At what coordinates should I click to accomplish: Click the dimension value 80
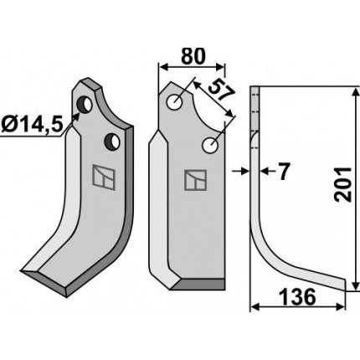click(x=193, y=56)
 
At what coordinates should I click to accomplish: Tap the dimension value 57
click(x=221, y=90)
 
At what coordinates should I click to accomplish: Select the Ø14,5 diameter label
click(x=31, y=125)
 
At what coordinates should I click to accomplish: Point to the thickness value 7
click(x=284, y=172)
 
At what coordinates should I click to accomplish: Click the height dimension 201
click(x=343, y=184)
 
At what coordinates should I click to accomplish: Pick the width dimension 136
click(x=297, y=297)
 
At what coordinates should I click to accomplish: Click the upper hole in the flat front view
click(x=175, y=102)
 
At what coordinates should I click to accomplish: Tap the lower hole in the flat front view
click(x=210, y=146)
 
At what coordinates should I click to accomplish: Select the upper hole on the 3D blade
click(x=85, y=105)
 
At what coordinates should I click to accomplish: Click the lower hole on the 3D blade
click(x=112, y=141)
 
